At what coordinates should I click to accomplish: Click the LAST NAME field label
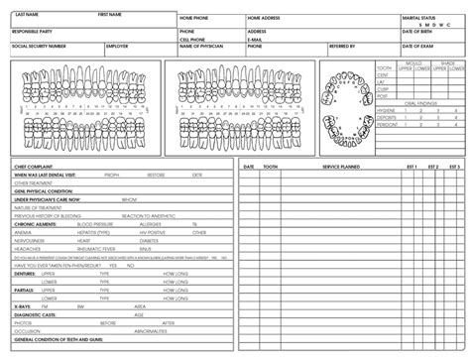pos(27,16)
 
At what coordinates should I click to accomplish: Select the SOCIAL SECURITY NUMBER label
pos(39,46)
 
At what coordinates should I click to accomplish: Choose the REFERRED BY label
pos(342,46)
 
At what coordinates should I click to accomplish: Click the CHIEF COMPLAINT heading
pos(34,167)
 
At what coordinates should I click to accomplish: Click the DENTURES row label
pos(27,273)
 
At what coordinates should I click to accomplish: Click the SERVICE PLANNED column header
pos(341,167)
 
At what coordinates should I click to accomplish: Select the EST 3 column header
pos(459,167)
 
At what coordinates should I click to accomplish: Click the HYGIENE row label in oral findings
pos(385,109)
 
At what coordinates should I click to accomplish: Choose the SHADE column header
pos(447,62)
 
